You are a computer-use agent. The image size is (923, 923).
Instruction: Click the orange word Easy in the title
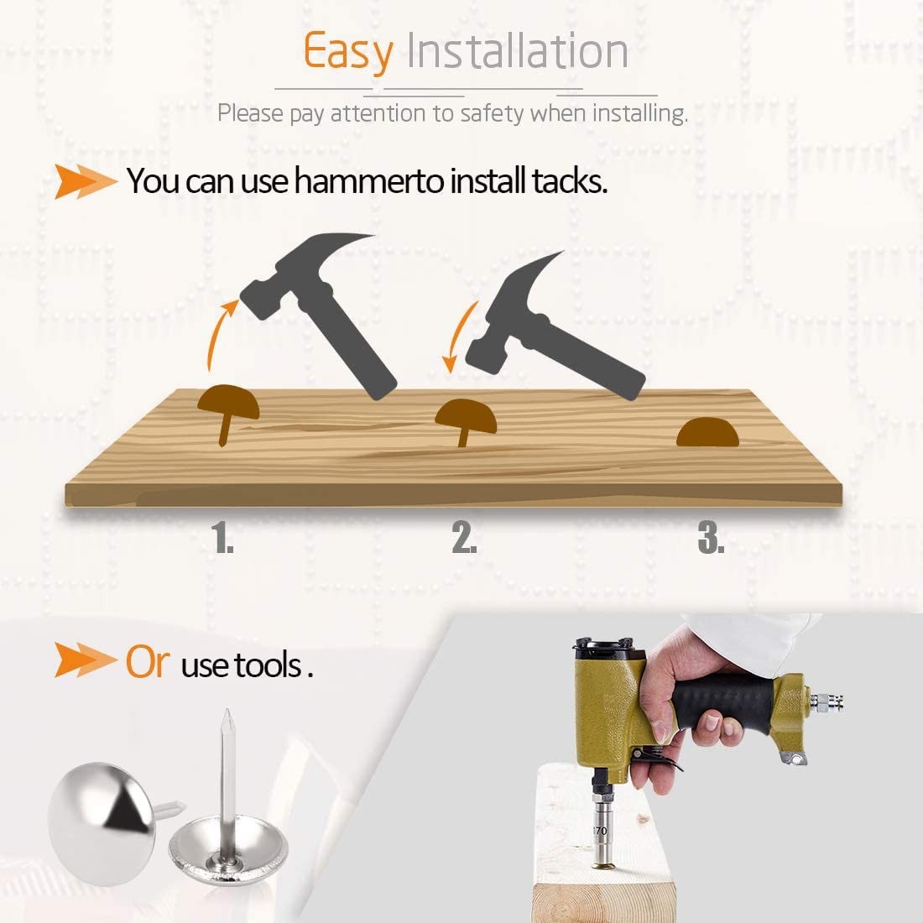point(348,52)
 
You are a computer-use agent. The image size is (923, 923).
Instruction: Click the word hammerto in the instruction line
point(368,180)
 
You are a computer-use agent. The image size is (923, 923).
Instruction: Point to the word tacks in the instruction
point(569,180)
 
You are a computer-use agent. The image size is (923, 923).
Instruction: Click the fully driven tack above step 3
point(707,432)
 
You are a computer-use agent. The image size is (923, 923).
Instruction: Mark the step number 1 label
point(222,537)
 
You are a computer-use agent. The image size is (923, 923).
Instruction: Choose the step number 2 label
point(465,537)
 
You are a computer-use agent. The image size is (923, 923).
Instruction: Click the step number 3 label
point(711,537)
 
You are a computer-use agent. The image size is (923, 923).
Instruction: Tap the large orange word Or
point(147,662)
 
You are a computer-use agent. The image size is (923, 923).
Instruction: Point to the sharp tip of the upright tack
point(227,711)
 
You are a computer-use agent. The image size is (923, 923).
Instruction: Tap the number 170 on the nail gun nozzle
point(599,831)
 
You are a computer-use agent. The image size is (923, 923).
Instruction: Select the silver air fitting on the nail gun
point(827,701)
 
